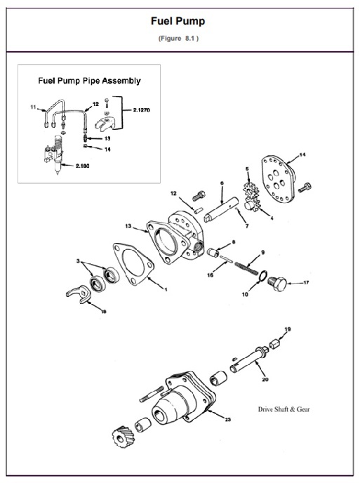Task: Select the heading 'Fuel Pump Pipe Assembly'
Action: click(89, 81)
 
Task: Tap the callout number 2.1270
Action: click(145, 110)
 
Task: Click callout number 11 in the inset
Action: click(33, 107)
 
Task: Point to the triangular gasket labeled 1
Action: click(131, 264)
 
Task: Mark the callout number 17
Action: click(306, 283)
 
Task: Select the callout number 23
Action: click(228, 420)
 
